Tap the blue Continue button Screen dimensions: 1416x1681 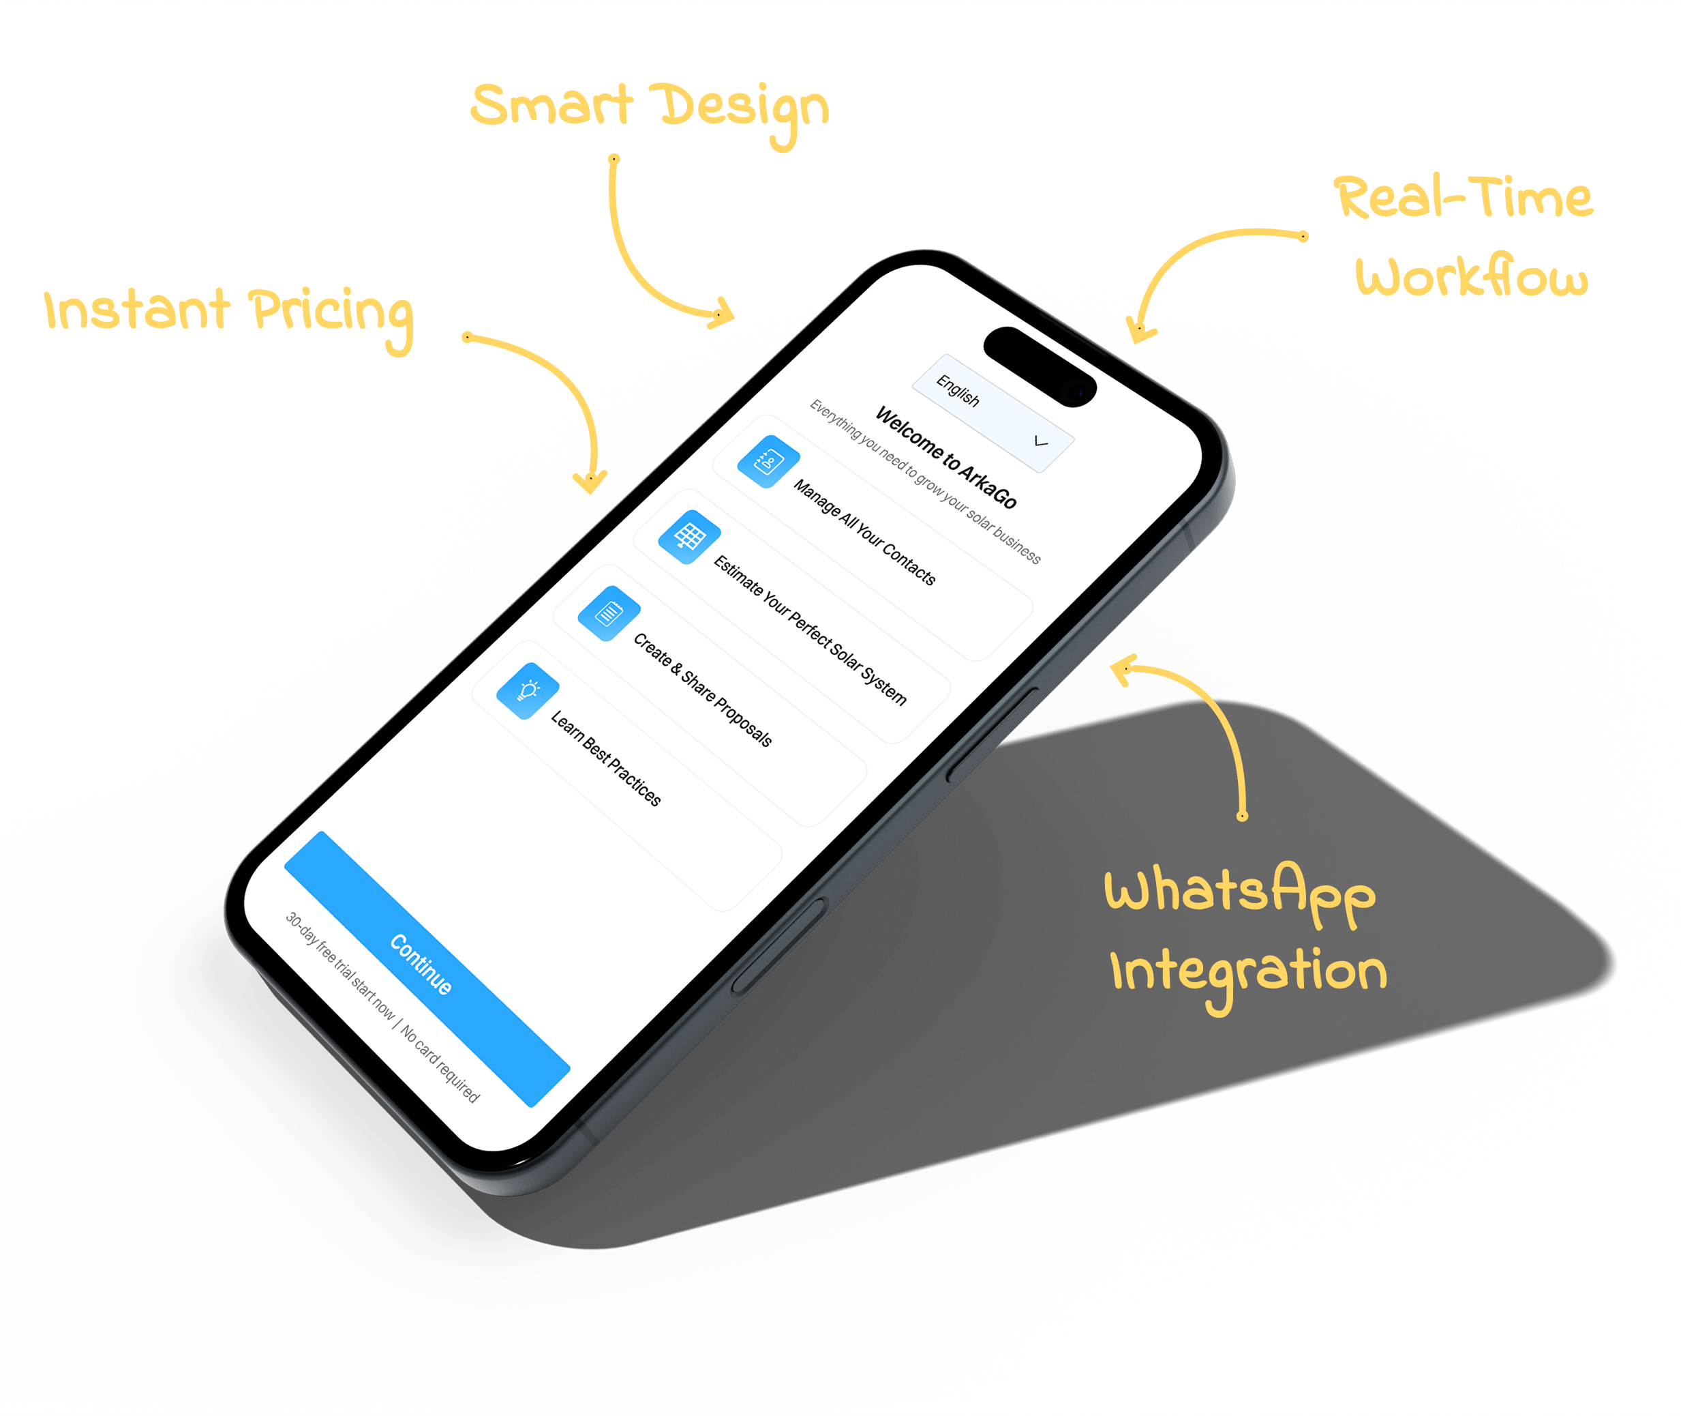click(425, 968)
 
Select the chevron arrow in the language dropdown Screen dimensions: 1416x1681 click(1041, 441)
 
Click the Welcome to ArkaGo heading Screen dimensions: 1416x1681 click(945, 457)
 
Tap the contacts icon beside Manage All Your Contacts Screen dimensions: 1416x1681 click(768, 462)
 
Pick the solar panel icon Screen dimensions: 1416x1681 click(689, 536)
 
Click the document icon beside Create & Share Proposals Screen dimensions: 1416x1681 click(609, 613)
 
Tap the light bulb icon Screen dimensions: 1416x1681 click(528, 690)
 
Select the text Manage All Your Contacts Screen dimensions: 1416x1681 click(864, 531)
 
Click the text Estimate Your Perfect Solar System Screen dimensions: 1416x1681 click(811, 630)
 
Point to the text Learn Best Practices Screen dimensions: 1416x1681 click(606, 758)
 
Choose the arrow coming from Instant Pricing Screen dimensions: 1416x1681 click(562, 394)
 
